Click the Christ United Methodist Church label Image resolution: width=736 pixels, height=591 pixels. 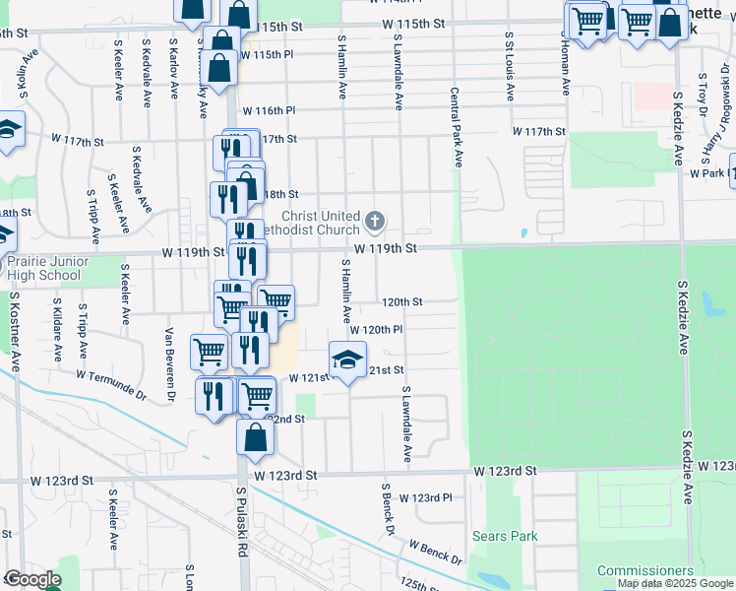tap(319, 224)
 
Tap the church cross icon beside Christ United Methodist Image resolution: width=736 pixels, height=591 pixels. tap(374, 219)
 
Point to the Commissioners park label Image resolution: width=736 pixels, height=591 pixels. tap(645, 570)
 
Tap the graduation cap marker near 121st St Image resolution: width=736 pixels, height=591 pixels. tap(347, 361)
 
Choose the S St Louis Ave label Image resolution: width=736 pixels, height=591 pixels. tap(510, 66)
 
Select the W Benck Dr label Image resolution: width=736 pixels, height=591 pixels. tap(436, 553)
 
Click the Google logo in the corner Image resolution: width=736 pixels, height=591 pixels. tap(32, 579)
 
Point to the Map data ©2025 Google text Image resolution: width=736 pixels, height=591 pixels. tap(674, 583)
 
